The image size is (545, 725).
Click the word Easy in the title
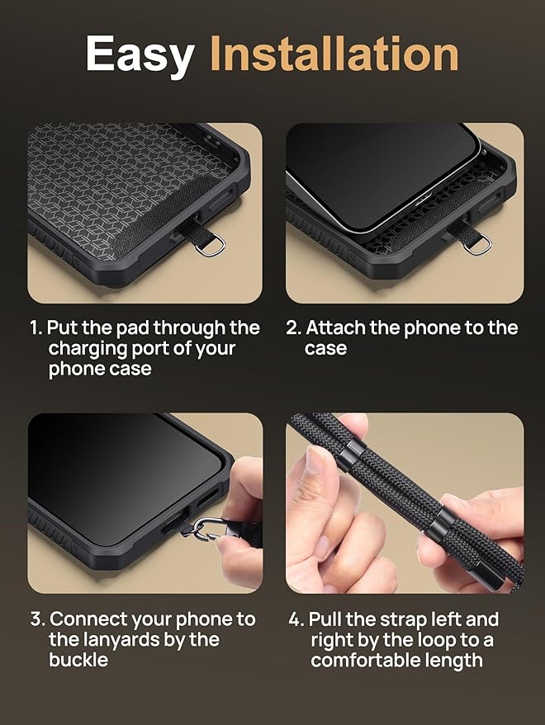[140, 54]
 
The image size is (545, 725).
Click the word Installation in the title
[334, 54]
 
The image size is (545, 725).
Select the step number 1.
[36, 328]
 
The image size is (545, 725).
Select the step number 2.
[293, 328]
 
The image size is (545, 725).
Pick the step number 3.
[36, 619]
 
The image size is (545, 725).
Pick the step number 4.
[296, 619]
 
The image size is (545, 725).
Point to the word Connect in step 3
[88, 619]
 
